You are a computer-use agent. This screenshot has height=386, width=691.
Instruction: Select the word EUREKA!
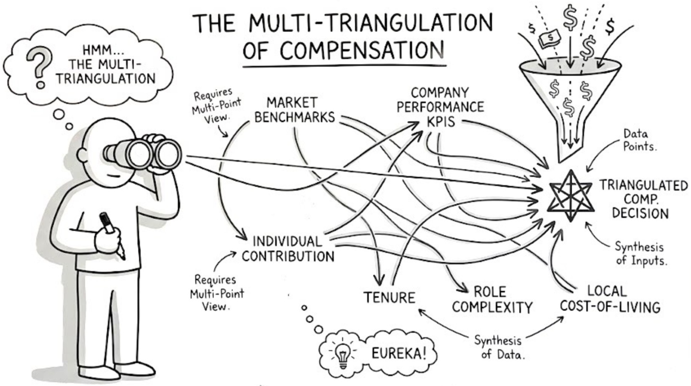(399, 353)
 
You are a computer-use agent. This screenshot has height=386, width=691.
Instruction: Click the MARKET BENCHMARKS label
(294, 110)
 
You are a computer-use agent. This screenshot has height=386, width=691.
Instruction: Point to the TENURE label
(389, 298)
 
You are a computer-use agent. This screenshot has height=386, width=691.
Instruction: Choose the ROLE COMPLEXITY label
(492, 299)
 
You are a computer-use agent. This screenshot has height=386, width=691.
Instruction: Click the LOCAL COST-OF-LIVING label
(610, 299)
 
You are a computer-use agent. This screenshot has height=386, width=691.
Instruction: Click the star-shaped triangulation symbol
(570, 196)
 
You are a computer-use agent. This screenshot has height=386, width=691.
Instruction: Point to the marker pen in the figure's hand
(112, 235)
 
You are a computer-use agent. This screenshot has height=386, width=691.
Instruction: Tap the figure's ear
(82, 155)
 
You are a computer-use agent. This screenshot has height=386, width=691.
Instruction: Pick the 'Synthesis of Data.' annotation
(499, 347)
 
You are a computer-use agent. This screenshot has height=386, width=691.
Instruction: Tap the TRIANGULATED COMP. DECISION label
(643, 199)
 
